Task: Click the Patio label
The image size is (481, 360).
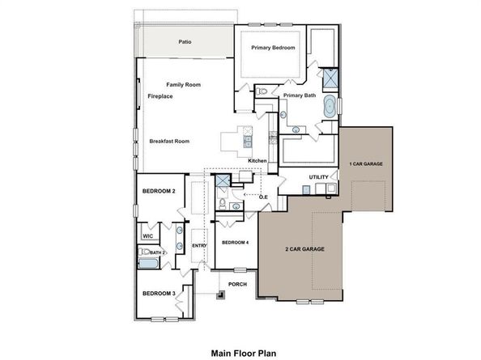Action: pos(185,42)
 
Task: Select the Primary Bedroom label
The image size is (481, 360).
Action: pos(272,49)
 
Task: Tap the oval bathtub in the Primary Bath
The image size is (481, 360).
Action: pos(330,106)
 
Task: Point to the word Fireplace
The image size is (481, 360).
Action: pos(160,96)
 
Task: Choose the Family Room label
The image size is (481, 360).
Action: pos(183,85)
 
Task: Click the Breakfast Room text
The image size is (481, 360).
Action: pos(169,142)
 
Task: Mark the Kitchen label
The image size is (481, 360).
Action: pos(258,161)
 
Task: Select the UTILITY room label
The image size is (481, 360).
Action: pos(318,177)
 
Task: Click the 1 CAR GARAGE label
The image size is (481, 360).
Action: pos(365,164)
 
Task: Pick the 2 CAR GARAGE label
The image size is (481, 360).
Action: pos(304,249)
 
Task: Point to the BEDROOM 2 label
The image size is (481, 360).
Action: pos(159,191)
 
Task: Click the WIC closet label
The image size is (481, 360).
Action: pos(148,236)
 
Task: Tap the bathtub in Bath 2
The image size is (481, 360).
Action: pos(151,264)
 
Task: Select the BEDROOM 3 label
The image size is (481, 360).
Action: pos(159,293)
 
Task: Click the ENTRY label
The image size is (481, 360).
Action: pos(198,246)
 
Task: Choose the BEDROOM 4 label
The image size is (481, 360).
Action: pos(234,243)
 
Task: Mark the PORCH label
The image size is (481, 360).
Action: pos(236,285)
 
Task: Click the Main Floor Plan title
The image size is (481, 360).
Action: pos(244,353)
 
